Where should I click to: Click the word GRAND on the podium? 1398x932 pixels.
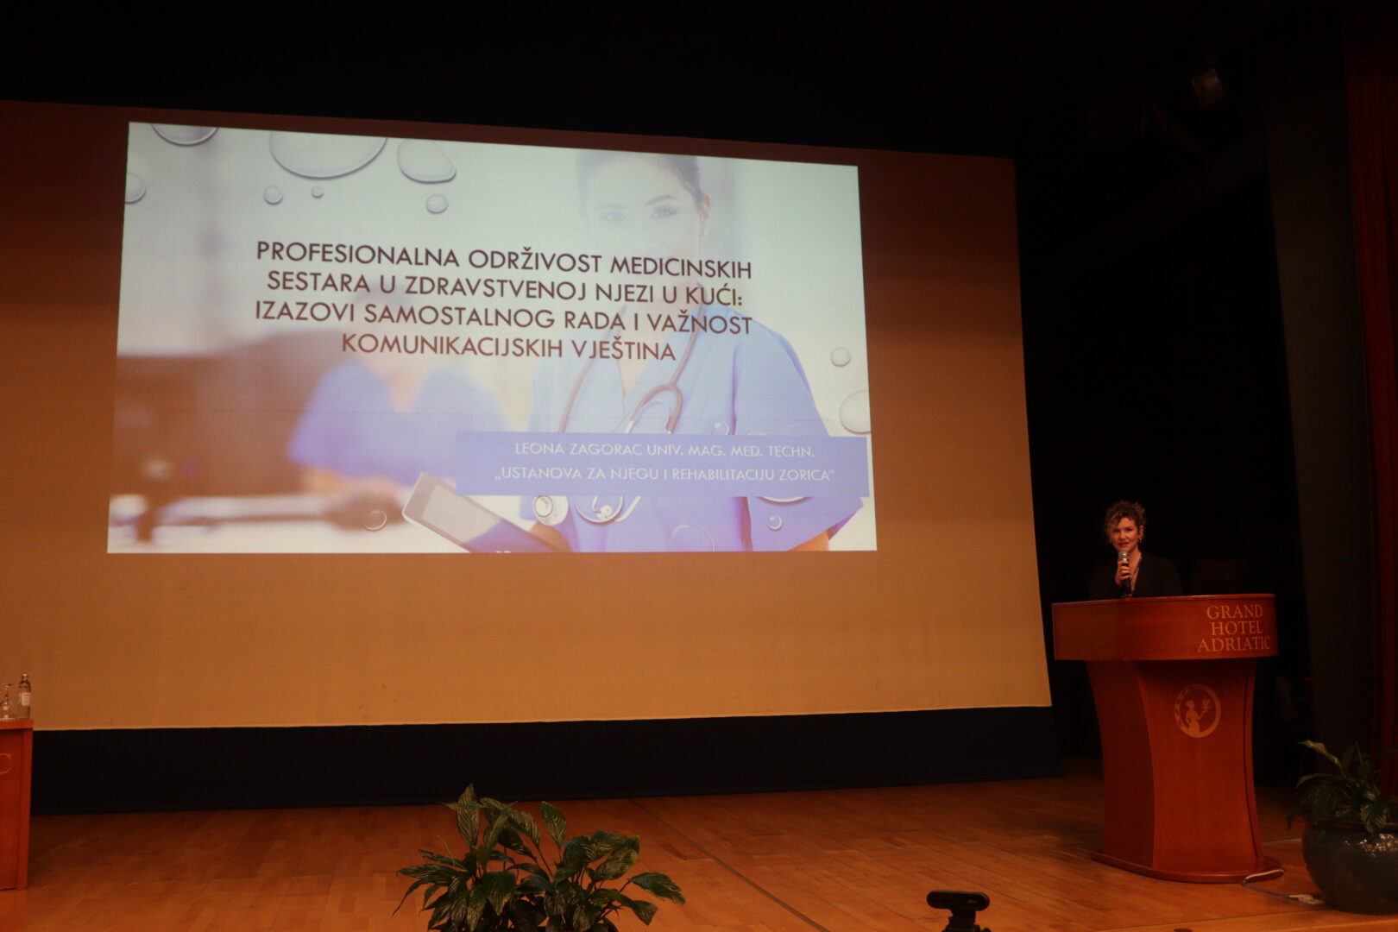coord(1234,611)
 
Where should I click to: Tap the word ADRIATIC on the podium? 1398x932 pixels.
coord(1233,645)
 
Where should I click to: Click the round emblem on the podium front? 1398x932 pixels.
coord(1197,710)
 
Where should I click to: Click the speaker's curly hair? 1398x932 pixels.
coord(1124,516)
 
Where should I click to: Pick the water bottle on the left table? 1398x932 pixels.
coord(23,696)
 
